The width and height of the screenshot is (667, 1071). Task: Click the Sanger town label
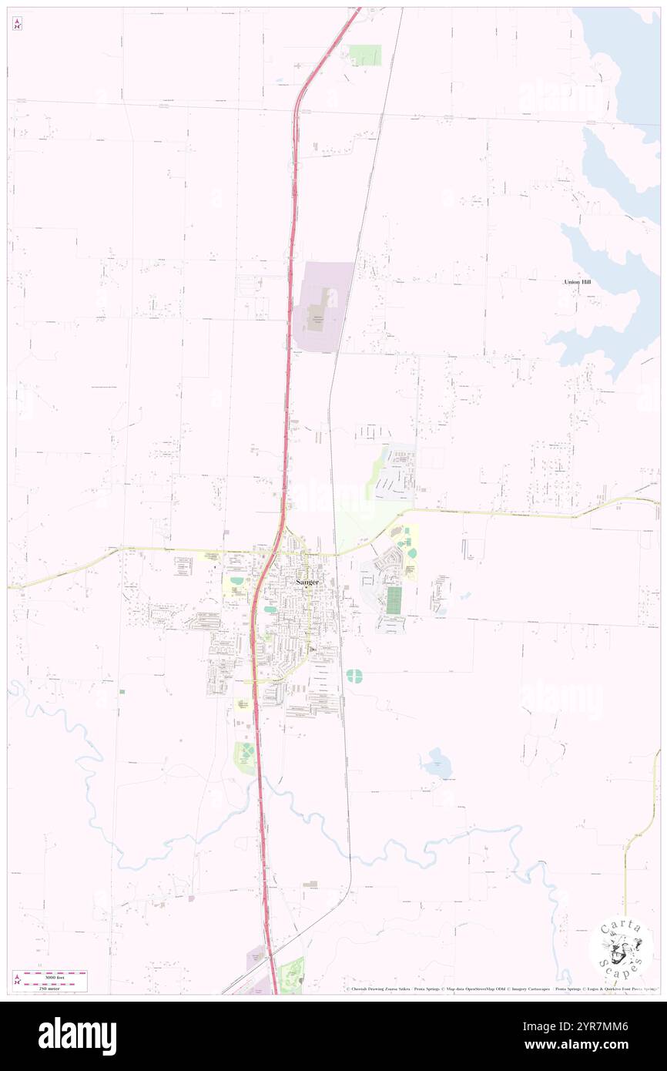click(308, 580)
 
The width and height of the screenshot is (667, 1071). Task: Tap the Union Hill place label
click(577, 283)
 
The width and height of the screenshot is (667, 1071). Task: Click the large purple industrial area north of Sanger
click(323, 306)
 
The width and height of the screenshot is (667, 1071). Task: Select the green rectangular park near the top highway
click(365, 55)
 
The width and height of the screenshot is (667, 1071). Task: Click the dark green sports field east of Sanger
click(394, 600)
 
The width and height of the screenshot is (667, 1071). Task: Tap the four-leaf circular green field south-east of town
click(354, 676)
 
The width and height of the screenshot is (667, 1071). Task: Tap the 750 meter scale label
click(52, 987)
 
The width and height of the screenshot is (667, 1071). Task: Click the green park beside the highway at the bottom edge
click(292, 975)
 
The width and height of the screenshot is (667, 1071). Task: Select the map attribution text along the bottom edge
click(501, 989)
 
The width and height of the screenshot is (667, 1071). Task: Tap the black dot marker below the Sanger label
click(306, 588)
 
